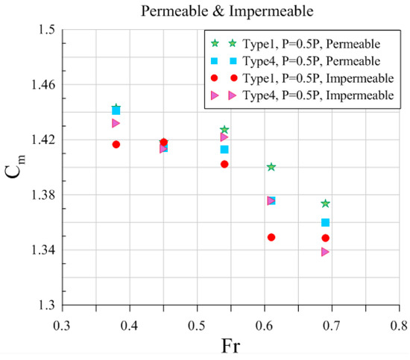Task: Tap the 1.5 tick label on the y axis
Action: (x=48, y=30)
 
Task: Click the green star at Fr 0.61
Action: (x=271, y=167)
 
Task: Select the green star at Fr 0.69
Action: (x=325, y=203)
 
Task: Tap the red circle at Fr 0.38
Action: (x=116, y=144)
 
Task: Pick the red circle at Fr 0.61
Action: (x=271, y=237)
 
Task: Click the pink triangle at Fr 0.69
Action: (x=325, y=252)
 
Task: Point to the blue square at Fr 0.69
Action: (x=325, y=222)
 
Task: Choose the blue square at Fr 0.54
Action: (x=224, y=149)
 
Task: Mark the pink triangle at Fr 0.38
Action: (x=116, y=123)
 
